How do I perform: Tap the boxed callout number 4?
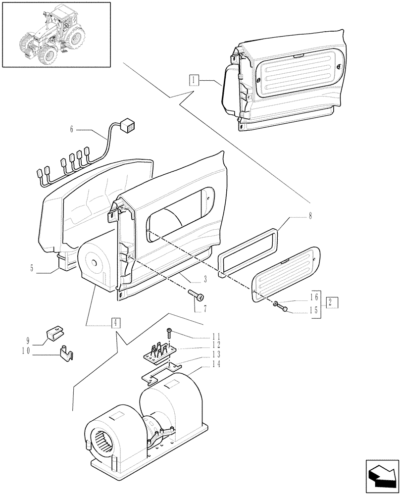[115, 323]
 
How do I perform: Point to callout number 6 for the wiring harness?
[72, 130]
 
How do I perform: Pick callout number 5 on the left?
[32, 269]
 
